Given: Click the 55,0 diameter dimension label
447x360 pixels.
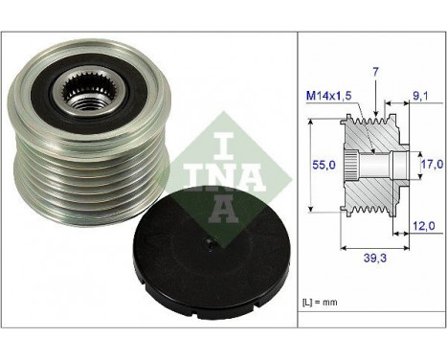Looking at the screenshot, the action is click(x=324, y=165).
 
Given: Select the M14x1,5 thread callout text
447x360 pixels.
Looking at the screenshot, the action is click(x=329, y=96).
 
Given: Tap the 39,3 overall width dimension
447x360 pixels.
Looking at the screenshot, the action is click(x=375, y=258).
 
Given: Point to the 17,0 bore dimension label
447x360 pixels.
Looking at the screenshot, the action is click(x=432, y=164).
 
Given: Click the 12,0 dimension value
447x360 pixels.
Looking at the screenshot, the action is click(x=424, y=226).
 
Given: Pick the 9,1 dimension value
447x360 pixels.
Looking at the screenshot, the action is click(x=420, y=96).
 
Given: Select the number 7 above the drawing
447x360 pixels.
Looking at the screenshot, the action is click(x=375, y=72).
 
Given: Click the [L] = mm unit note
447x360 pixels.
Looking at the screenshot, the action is click(x=320, y=302).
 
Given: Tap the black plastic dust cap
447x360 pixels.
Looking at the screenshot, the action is click(x=212, y=252).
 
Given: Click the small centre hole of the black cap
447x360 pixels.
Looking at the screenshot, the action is click(x=211, y=244).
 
